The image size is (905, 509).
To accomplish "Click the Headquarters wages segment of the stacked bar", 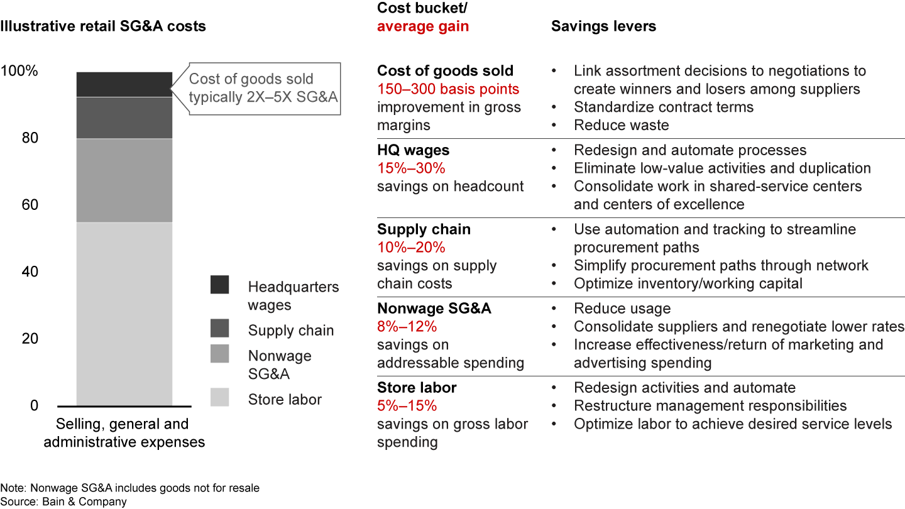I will coord(124,84).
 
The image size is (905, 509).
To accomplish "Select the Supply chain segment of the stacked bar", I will coord(124,118).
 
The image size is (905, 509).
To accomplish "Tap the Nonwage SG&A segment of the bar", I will coord(124,180).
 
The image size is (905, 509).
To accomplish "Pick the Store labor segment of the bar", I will coord(124,314).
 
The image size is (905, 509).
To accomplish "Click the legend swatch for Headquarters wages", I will coord(220,285).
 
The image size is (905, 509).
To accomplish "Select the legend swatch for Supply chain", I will coord(220,328).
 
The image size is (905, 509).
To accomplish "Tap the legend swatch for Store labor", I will coord(220,397).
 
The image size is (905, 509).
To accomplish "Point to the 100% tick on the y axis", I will coord(19,72).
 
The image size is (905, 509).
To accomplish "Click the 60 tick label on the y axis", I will coord(29,205).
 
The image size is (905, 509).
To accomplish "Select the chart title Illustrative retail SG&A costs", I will coord(102,26).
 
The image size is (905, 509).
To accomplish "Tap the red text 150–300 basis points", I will coord(448,89).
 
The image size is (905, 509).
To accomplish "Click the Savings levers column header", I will coord(603,26).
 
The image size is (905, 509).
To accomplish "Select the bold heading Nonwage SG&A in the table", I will coord(434,309).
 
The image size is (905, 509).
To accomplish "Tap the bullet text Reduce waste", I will coord(621,125).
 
